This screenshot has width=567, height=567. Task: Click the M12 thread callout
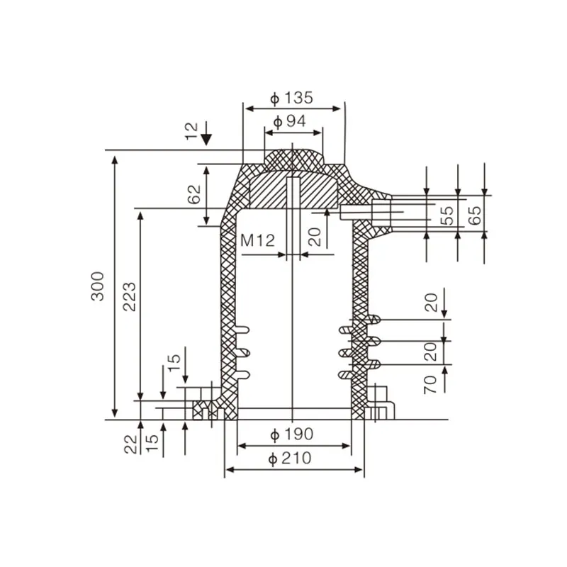pyautogui.click(x=257, y=240)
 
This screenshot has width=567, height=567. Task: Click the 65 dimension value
pyautogui.click(x=476, y=215)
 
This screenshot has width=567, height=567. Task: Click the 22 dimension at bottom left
pyautogui.click(x=130, y=444)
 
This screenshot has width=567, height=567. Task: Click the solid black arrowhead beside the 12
pyautogui.click(x=206, y=137)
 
